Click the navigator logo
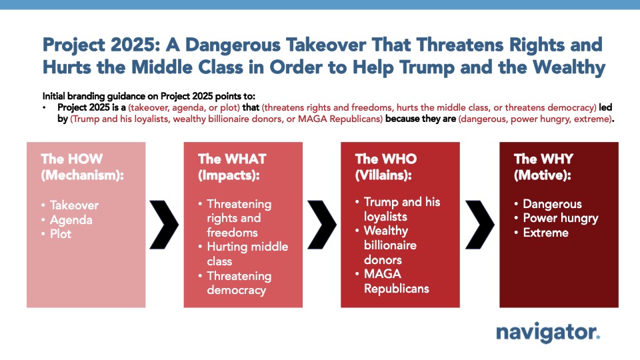(x=548, y=333)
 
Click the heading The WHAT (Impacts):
(x=232, y=167)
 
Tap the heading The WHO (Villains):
(x=386, y=167)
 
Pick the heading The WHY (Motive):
(x=543, y=167)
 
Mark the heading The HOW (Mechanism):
(x=82, y=167)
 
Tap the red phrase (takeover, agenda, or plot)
(x=184, y=107)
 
